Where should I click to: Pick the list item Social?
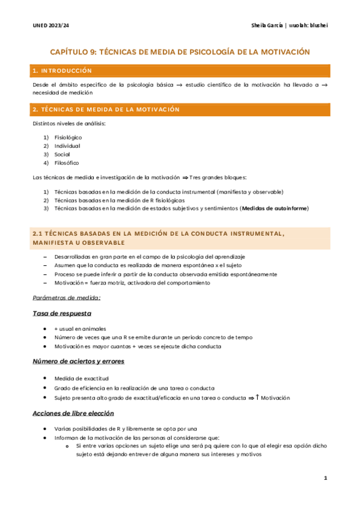click(62, 155)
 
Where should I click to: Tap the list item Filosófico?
click(66, 163)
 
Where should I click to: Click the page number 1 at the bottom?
click(325, 478)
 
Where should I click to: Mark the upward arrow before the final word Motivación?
click(257, 398)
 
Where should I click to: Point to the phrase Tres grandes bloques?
click(218, 177)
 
